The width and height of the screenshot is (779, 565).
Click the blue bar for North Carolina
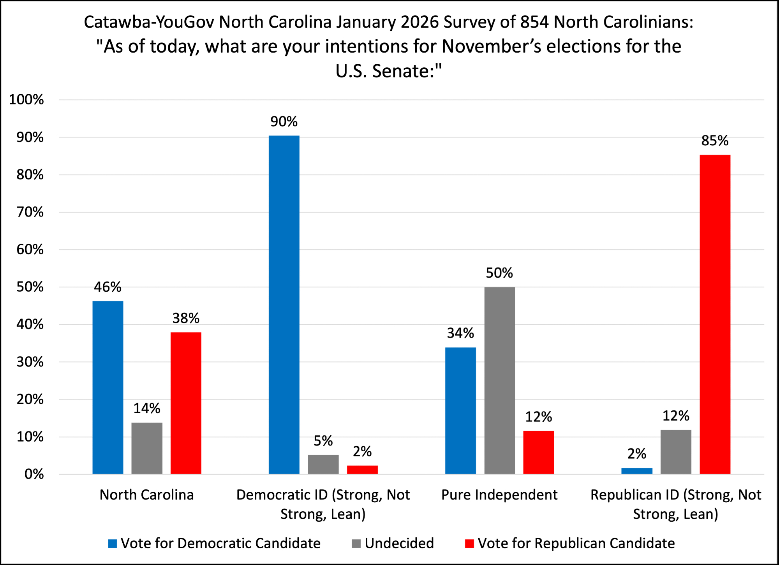coord(108,387)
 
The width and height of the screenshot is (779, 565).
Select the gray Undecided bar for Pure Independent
coord(500,380)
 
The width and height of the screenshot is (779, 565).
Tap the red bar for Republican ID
coord(715,314)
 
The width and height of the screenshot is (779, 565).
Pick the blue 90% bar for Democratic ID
coord(284,305)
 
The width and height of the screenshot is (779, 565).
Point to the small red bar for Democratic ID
coord(362,470)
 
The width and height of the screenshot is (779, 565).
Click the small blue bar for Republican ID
coord(637,471)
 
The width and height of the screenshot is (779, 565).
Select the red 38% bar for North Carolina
coord(186,403)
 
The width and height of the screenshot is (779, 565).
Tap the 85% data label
coord(715,141)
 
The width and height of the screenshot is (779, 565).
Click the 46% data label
coord(108,287)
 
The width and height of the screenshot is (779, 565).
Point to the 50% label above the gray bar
coord(499,273)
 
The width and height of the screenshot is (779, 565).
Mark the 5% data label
coord(323,441)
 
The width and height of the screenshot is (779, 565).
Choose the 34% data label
coord(460,333)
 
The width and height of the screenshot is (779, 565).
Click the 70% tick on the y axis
coord(30,212)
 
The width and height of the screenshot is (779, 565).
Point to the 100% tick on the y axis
coord(26,100)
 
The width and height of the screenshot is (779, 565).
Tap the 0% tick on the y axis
coord(34,474)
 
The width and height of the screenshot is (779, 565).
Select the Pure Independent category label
coord(499,495)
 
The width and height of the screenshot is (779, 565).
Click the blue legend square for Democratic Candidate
coord(113,544)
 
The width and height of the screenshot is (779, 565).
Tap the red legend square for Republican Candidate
coord(469,544)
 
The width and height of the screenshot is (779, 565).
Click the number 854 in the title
coord(534,22)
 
